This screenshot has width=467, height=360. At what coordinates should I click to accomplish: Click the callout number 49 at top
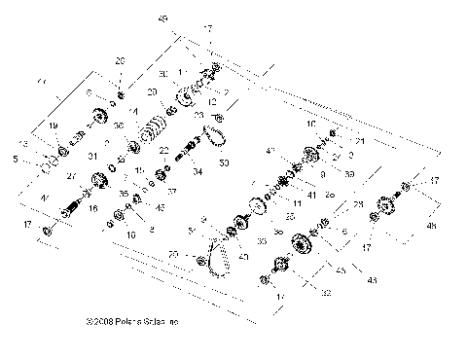(x=162, y=18)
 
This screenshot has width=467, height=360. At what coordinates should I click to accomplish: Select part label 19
(x=54, y=126)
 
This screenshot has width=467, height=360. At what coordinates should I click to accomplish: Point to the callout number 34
(x=198, y=172)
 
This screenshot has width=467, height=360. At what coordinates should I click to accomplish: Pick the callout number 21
(x=360, y=141)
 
